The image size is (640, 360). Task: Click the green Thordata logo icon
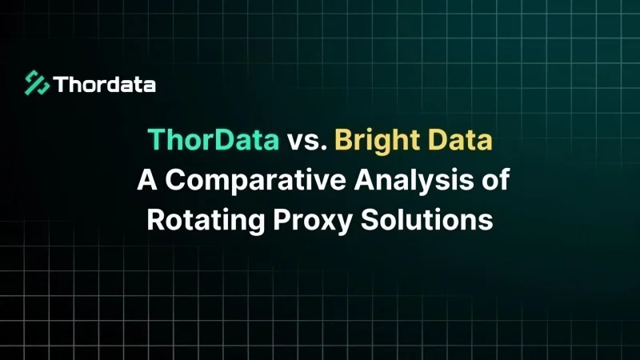pos(37,83)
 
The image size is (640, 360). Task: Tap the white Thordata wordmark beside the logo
pos(105,85)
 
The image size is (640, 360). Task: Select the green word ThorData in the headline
pos(214,139)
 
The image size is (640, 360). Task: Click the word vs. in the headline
pos(307,141)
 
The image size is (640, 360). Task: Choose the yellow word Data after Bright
pos(460,139)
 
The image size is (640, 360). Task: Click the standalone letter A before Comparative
pos(147,179)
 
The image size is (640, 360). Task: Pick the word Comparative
pos(256,182)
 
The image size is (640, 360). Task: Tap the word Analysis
pos(414,182)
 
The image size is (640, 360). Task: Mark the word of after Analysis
pos(496,179)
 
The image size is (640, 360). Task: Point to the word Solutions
pos(427,219)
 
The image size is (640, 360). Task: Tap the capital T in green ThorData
pos(156,139)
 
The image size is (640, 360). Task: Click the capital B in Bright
pos(344,139)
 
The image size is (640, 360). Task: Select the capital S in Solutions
pos(370,219)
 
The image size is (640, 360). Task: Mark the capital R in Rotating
pos(156,219)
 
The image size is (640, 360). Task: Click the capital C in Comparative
pos(175,179)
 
